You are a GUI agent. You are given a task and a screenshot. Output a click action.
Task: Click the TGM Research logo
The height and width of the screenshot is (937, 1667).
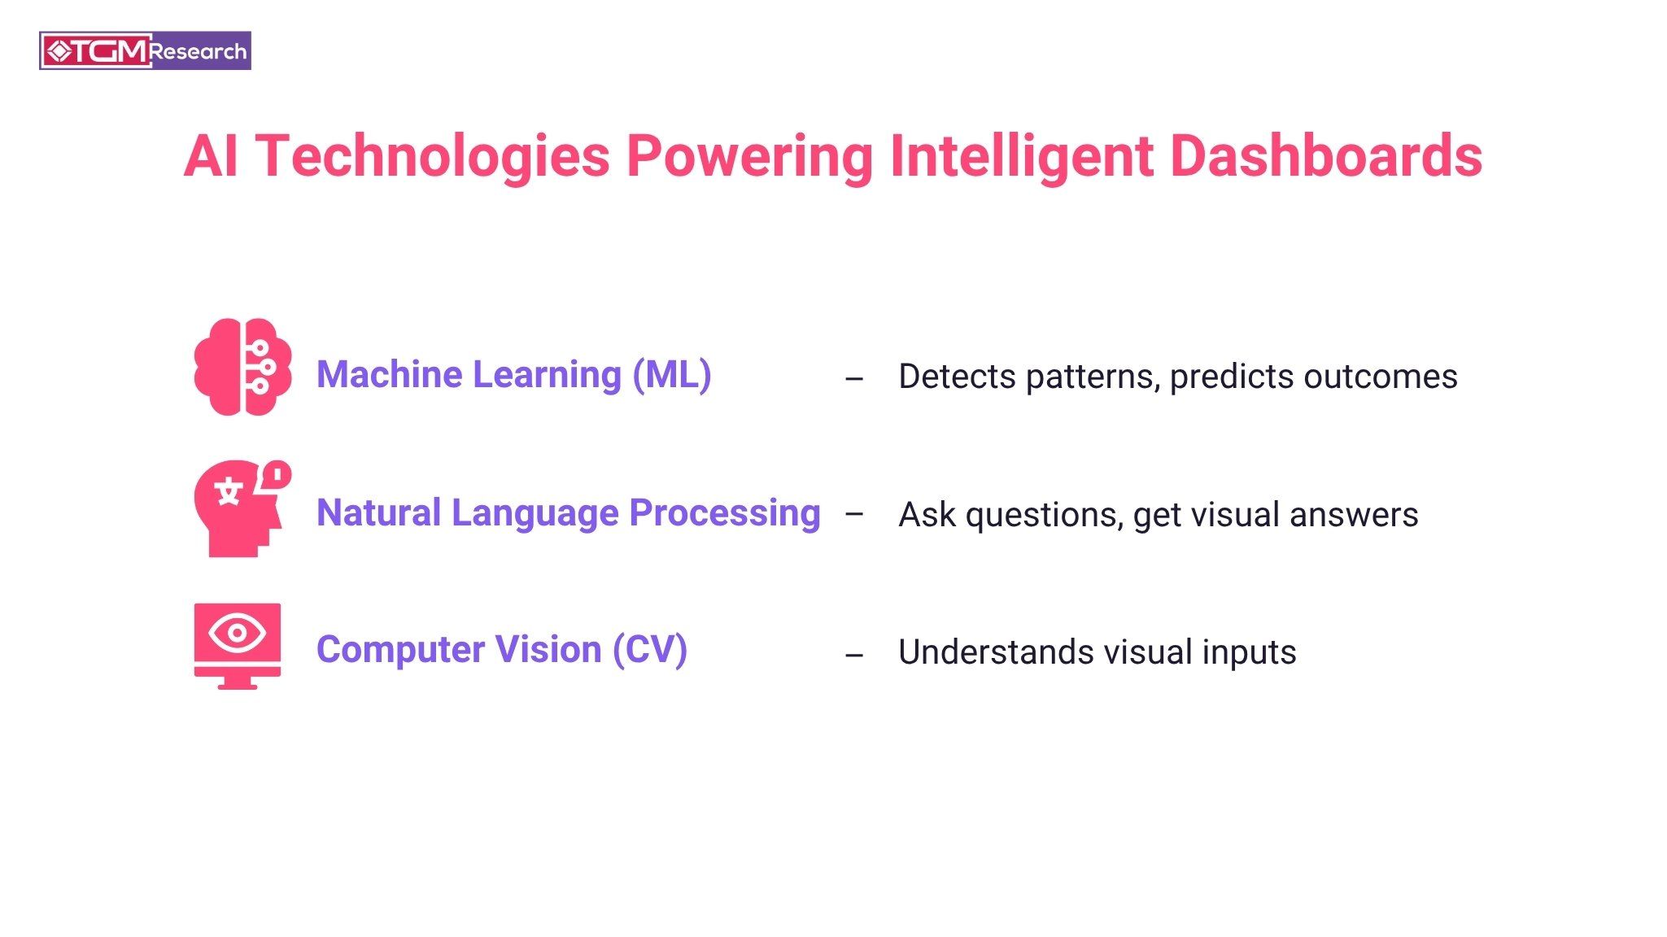(145, 51)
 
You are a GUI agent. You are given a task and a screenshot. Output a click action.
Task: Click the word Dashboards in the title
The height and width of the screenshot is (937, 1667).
(1326, 156)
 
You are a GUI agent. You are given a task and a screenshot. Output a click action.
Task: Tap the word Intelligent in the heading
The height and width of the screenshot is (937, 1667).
(1021, 156)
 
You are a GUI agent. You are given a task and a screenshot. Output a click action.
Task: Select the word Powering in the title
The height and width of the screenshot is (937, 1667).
(749, 156)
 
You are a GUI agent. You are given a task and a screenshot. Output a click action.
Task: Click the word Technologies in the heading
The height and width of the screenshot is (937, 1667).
(433, 156)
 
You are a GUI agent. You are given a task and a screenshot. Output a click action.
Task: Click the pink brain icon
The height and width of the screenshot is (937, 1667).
(242, 367)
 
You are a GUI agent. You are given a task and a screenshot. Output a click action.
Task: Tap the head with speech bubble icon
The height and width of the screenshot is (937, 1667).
(241, 509)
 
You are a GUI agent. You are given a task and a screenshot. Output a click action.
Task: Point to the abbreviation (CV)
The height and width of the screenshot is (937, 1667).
(650, 650)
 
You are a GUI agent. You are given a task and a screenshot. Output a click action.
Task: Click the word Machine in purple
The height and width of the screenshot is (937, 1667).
(389, 375)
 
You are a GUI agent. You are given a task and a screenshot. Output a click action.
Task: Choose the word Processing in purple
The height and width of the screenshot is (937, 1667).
(725, 513)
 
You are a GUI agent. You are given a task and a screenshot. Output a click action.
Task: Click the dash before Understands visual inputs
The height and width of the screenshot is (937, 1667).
(853, 655)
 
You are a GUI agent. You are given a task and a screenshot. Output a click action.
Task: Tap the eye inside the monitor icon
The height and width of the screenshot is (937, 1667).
(237, 632)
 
